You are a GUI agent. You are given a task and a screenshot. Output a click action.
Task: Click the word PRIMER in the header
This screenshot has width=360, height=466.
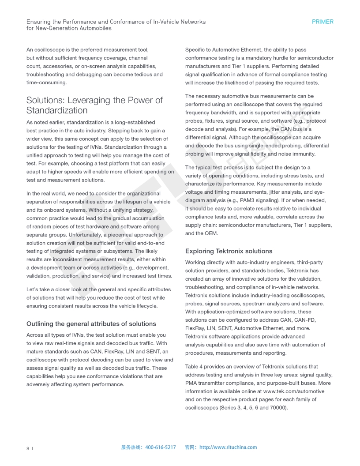pyautogui.click(x=322, y=22)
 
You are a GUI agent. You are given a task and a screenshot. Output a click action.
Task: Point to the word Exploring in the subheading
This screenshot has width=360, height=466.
pyautogui.click(x=199, y=251)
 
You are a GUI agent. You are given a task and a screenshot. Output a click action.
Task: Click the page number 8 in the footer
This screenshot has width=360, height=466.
pyautogui.click(x=28, y=448)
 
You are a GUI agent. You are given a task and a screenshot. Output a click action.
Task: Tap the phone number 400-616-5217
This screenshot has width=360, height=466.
pyautogui.click(x=160, y=447)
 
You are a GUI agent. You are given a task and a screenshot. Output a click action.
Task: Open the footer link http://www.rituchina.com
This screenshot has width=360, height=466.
pyautogui.click(x=228, y=447)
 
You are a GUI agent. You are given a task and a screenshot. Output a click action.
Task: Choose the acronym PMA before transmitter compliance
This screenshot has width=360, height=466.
pyautogui.click(x=191, y=383)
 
